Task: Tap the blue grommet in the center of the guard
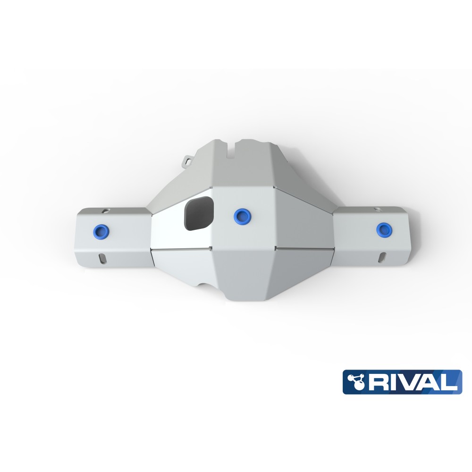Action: [242, 215]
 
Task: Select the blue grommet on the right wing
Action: [384, 229]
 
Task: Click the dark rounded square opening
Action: [199, 213]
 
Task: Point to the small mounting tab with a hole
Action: [188, 160]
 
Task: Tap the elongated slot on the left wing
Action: [102, 259]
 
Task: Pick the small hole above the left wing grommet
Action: [105, 211]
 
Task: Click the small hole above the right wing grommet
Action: [377, 209]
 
